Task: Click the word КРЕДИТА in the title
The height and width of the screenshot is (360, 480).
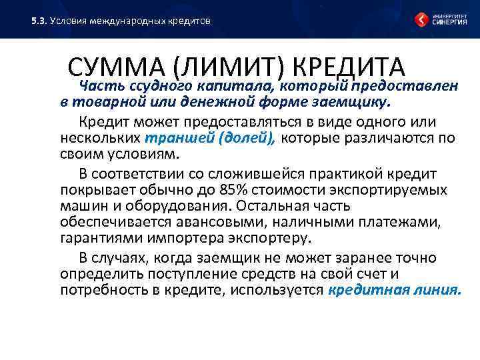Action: (349, 67)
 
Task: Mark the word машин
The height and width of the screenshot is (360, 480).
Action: (80, 207)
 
